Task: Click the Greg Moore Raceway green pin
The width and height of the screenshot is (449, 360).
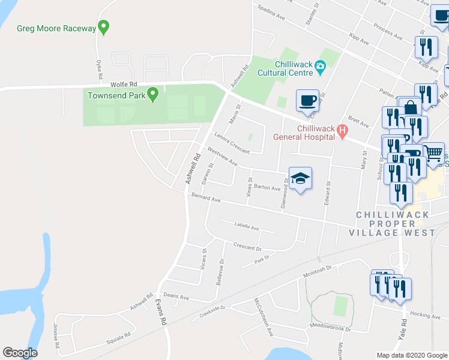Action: click(104, 27)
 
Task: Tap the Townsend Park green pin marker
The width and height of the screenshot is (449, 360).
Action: click(153, 94)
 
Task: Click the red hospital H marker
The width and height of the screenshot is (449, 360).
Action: click(342, 131)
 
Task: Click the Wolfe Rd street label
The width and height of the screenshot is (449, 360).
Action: click(124, 85)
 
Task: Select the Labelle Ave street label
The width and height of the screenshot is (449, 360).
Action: click(246, 227)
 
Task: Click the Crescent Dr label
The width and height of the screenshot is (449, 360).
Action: click(247, 247)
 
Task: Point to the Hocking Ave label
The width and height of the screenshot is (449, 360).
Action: click(426, 315)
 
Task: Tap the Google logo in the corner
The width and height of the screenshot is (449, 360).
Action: click(20, 353)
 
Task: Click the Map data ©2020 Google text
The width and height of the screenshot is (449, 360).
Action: click(411, 355)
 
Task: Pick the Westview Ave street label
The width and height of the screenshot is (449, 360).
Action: click(222, 157)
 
